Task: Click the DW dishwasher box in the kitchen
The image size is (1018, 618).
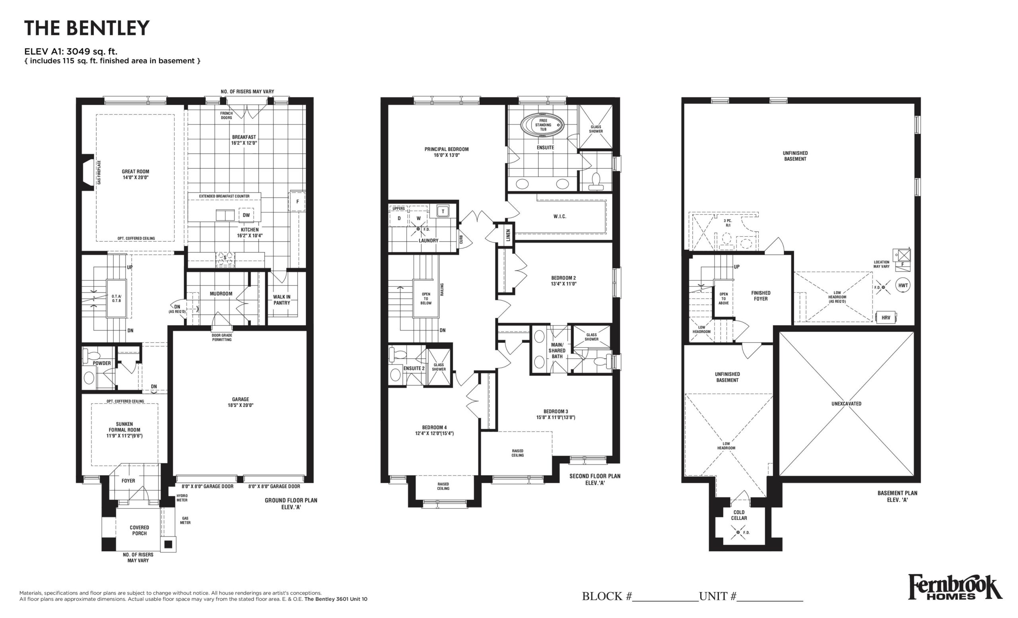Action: click(246, 215)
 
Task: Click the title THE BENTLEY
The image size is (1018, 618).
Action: click(87, 28)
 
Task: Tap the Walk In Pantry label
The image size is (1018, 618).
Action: click(282, 300)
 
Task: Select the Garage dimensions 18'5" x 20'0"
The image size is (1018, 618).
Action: click(241, 405)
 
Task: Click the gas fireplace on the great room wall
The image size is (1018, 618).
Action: click(88, 172)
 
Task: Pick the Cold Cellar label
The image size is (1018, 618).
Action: click(739, 515)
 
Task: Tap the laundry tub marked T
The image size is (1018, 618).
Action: click(443, 212)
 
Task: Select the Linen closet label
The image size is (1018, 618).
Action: click(508, 235)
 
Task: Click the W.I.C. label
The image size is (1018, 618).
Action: click(560, 216)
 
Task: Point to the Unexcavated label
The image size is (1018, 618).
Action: click(847, 404)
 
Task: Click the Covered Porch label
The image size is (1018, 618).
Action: click(140, 531)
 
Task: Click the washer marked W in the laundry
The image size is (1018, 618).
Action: click(418, 218)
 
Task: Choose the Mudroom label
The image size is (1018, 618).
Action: click(221, 294)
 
